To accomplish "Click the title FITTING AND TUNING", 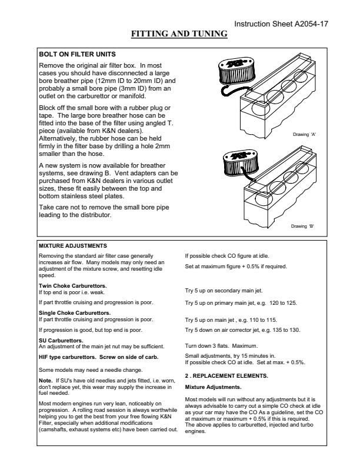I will point(179,34).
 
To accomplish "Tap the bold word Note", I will point(45,380).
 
